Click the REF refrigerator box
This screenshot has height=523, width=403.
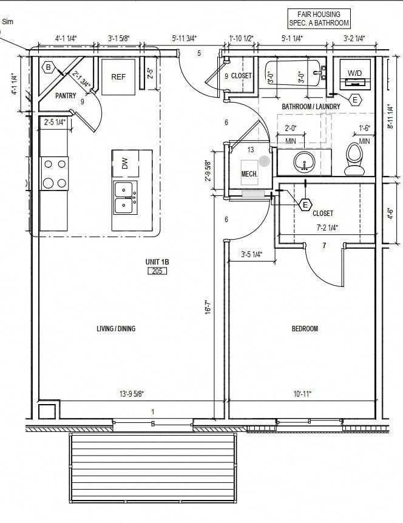tap(118, 77)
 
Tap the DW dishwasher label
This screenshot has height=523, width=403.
tap(124, 163)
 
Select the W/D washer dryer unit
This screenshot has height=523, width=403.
tap(354, 73)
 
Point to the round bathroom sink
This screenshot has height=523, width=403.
tap(303, 162)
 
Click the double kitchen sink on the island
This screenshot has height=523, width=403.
tap(125, 197)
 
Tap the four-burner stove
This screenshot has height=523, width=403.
tap(54, 173)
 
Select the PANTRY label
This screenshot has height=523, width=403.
tap(65, 96)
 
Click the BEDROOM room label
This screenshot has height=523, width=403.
tap(305, 329)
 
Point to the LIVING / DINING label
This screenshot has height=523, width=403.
tap(116, 329)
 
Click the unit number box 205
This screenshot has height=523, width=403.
tap(157, 271)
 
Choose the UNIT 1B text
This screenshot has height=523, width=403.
tap(157, 261)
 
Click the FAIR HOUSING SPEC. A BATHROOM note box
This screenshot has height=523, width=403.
tap(319, 18)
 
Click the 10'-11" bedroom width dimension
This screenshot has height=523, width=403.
tap(302, 394)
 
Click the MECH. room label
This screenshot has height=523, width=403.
tap(249, 174)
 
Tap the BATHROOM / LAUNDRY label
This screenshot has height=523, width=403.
tap(311, 107)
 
